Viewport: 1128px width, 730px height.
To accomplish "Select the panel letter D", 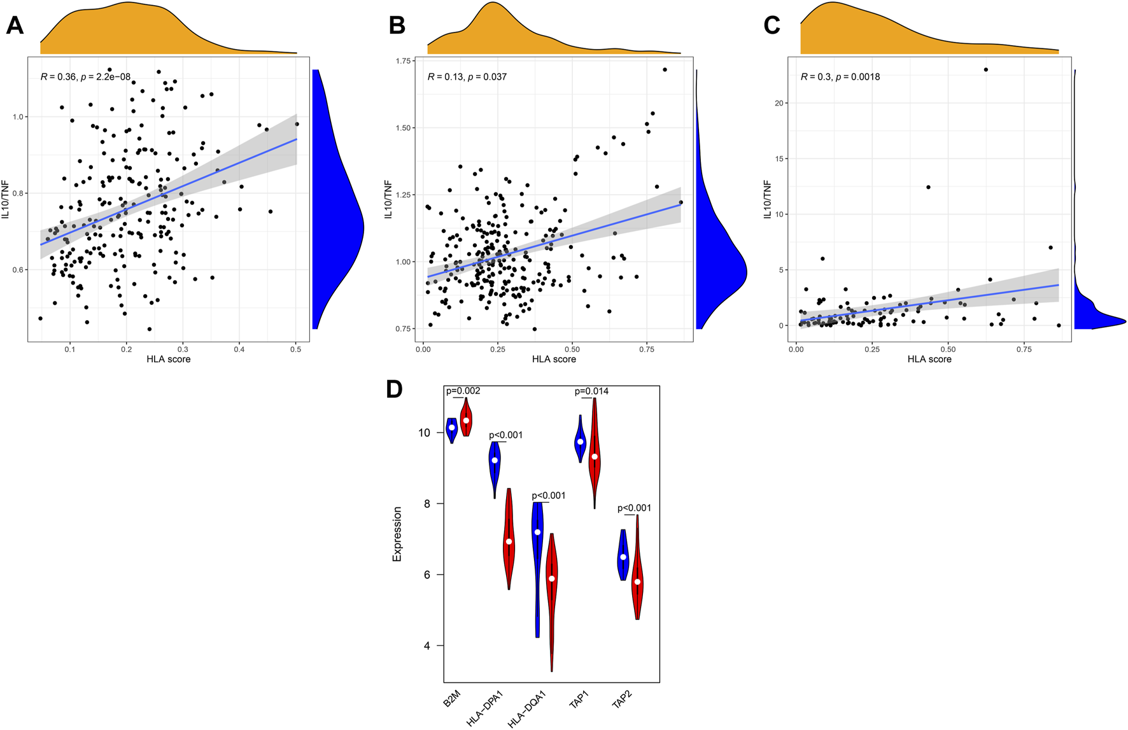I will [394, 389].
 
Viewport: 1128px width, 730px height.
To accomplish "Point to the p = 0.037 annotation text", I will [487, 77].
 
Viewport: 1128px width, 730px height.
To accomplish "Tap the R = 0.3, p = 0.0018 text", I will [840, 77].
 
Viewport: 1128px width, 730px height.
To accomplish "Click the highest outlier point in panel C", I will [986, 69].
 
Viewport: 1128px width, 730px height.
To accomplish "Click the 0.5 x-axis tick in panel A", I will [296, 349].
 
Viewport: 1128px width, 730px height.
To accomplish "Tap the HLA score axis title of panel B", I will [554, 360].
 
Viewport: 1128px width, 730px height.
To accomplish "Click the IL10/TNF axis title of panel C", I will [768, 199].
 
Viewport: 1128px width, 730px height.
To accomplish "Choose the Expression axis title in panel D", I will [397, 534].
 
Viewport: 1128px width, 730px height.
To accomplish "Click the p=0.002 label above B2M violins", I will [463, 391].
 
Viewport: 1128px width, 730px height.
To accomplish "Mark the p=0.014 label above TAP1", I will [591, 391].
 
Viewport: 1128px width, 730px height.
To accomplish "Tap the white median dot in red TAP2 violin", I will [637, 582].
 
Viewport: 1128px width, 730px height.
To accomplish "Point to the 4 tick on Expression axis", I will [425, 646].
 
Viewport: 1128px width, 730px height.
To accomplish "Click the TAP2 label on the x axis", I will [622, 700].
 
